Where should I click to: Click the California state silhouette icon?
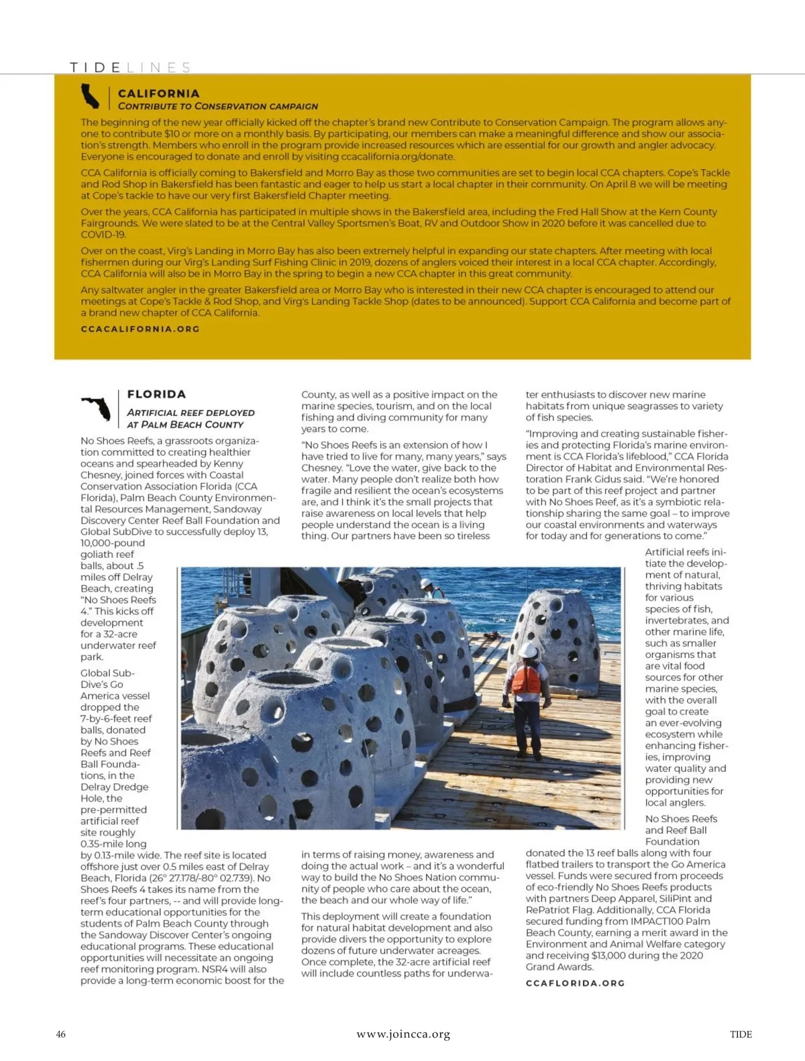pos(90,96)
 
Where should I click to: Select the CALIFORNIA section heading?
pos(158,93)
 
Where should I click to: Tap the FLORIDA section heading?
pos(156,394)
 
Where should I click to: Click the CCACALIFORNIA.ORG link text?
pos(140,329)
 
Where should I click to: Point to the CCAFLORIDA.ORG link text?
pos(575,983)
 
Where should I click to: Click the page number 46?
pos(61,1034)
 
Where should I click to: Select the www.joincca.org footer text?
pos(403,1034)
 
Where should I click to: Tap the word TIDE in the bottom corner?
pos(741,1034)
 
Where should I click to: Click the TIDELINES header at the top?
pos(130,67)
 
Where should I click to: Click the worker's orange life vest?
pos(525,679)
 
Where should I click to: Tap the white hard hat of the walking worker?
pos(529,651)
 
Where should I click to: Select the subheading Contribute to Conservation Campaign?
pos(218,106)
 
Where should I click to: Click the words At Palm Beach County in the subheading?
pos(185,425)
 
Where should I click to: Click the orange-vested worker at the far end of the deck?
pos(427,588)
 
